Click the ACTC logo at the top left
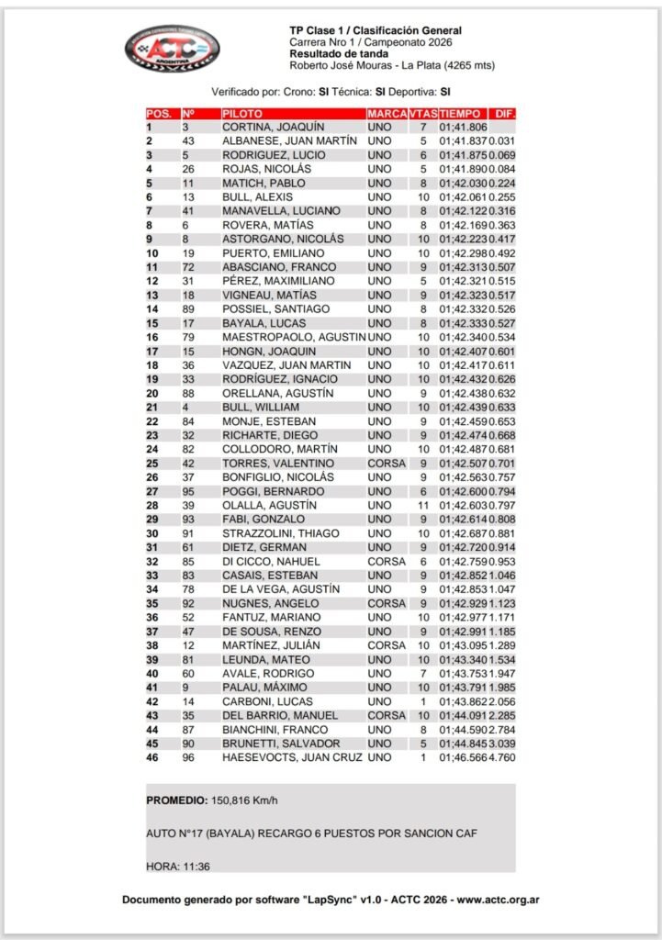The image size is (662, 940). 172,50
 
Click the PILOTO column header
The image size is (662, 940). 236,113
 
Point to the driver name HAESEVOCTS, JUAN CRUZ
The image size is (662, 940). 292,757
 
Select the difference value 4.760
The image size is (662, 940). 501,757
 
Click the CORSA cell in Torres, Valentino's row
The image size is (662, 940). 386,463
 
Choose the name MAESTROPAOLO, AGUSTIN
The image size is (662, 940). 293,337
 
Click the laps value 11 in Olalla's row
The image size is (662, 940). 423,505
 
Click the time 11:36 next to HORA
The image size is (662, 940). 195,866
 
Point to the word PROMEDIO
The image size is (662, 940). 176,800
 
